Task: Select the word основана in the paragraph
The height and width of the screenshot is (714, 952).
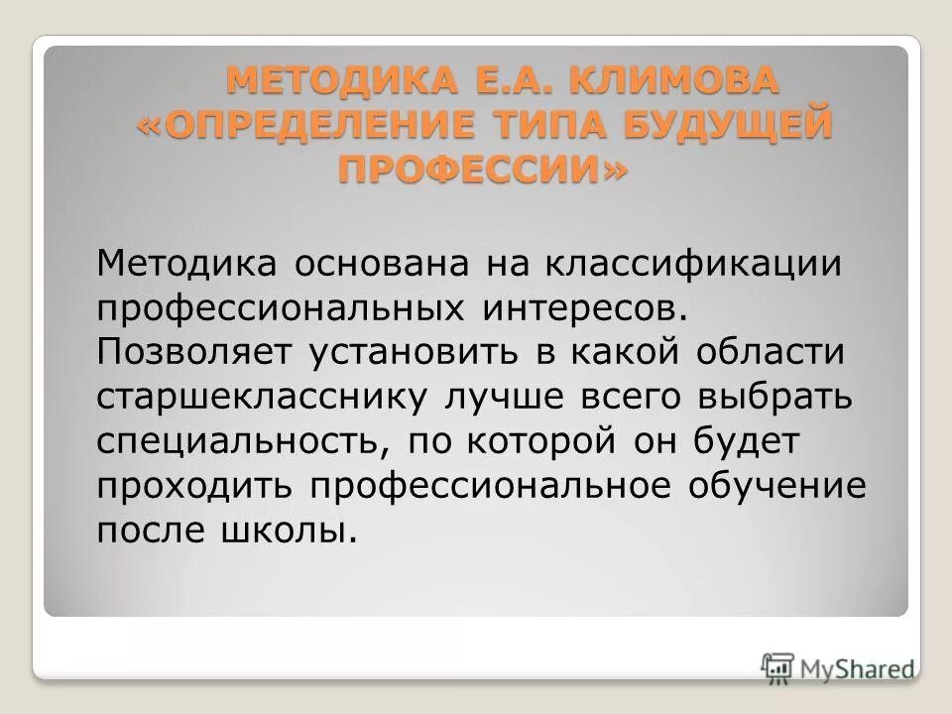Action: click(382, 265)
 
